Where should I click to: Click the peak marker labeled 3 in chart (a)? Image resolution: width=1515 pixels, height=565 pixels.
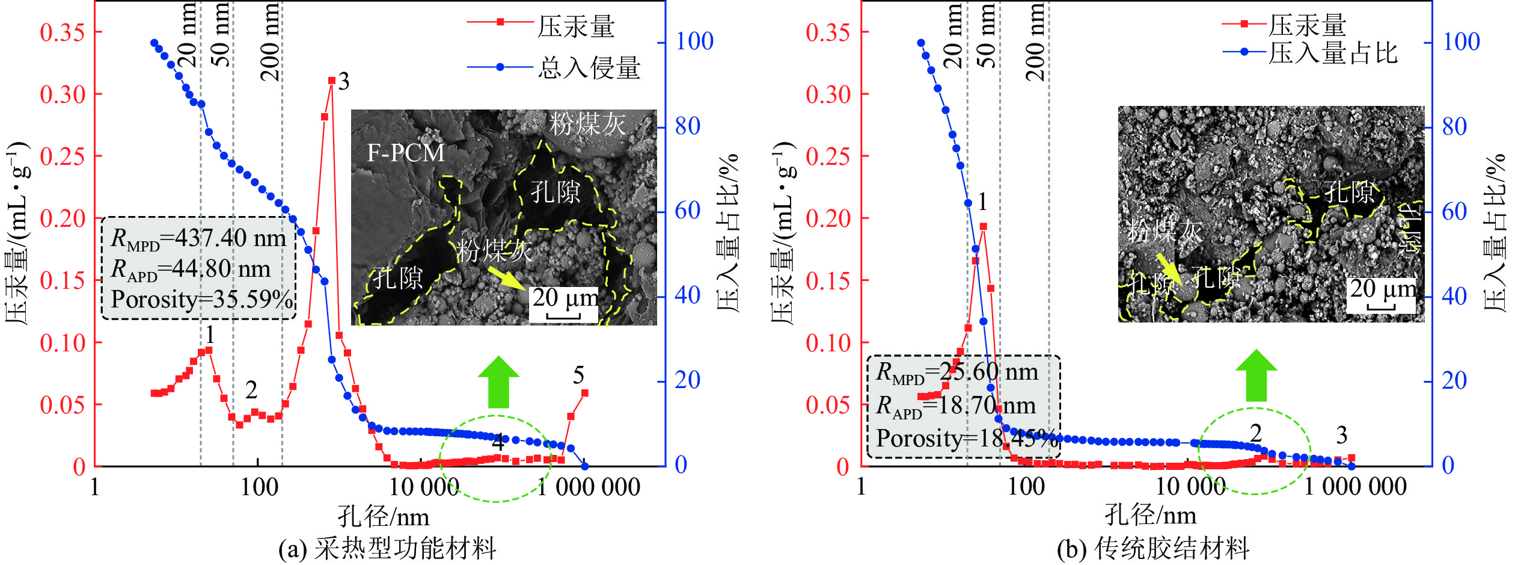coord(331,81)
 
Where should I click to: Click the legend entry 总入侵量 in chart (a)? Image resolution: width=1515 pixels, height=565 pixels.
coord(589,67)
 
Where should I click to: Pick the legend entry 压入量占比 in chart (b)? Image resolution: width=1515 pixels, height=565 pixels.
coord(1332,53)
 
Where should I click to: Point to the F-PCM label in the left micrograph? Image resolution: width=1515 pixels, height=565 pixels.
coord(406,153)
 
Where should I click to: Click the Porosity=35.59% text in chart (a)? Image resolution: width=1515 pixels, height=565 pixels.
coord(202,299)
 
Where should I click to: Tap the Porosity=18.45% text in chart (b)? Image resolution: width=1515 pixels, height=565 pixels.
coord(966,438)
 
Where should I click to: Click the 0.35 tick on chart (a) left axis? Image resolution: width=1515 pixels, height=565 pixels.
coord(63,32)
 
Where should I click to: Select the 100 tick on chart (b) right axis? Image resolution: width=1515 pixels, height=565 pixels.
coord(1461,42)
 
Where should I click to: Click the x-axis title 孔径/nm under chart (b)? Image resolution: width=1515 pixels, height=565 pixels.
coord(1150,515)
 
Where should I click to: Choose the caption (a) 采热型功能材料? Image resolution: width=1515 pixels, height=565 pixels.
coord(388,548)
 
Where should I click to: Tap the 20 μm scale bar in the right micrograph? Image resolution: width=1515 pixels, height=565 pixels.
coord(1382,295)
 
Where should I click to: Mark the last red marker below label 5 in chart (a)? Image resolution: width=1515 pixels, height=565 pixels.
coord(584,393)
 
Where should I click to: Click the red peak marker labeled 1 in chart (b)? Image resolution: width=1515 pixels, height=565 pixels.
coord(983,227)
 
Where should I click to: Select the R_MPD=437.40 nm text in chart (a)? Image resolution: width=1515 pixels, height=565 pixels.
coord(198,239)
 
